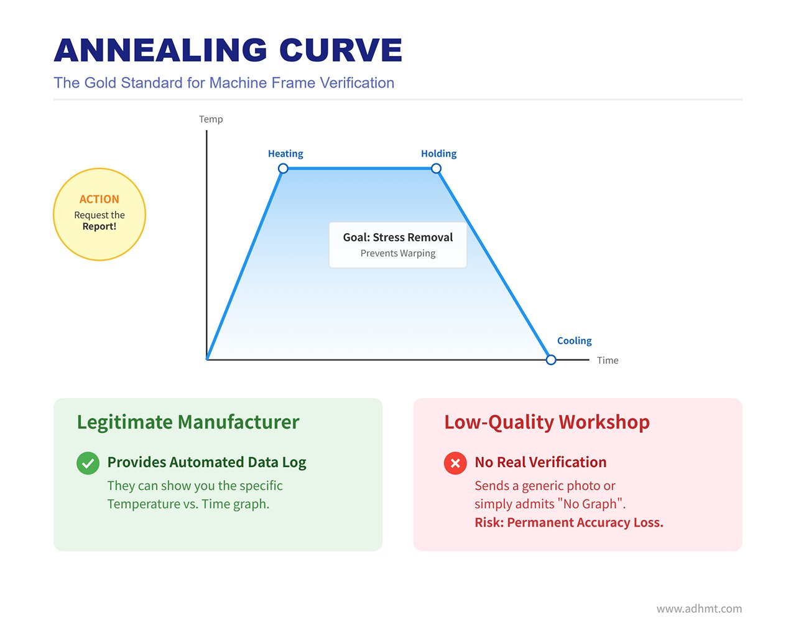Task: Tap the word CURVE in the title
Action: coord(340,50)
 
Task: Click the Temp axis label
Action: coord(211,119)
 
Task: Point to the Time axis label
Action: coord(608,361)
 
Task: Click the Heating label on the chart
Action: coord(285,154)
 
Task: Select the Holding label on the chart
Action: coord(438,154)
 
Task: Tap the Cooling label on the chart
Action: coord(574,341)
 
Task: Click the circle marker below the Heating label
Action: coord(283,169)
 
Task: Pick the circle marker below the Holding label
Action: coord(436,169)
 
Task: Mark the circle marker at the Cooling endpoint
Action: coord(551,360)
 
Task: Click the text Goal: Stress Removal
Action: coord(398,238)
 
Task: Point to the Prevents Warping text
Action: coord(398,254)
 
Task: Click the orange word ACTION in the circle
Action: coord(99,200)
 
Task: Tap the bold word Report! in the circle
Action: coord(99,226)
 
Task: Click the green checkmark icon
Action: coord(88,463)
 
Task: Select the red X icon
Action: coord(455,463)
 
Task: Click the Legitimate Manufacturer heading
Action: coord(188,422)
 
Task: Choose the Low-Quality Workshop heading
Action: coord(547,422)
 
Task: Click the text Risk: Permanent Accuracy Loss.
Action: coord(568,523)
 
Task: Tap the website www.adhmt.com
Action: coord(699,609)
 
